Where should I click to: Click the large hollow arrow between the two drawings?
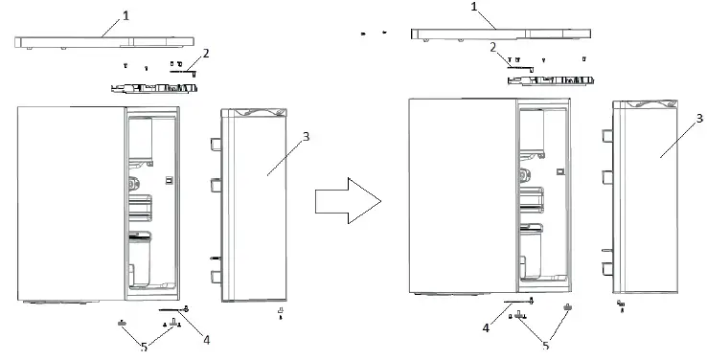click(x=348, y=200)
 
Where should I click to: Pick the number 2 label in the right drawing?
click(x=492, y=47)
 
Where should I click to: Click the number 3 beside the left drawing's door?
click(x=305, y=136)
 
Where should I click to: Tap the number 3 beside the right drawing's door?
click(x=699, y=118)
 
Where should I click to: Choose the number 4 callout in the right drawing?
click(x=486, y=329)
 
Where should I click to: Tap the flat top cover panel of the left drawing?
click(x=105, y=42)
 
